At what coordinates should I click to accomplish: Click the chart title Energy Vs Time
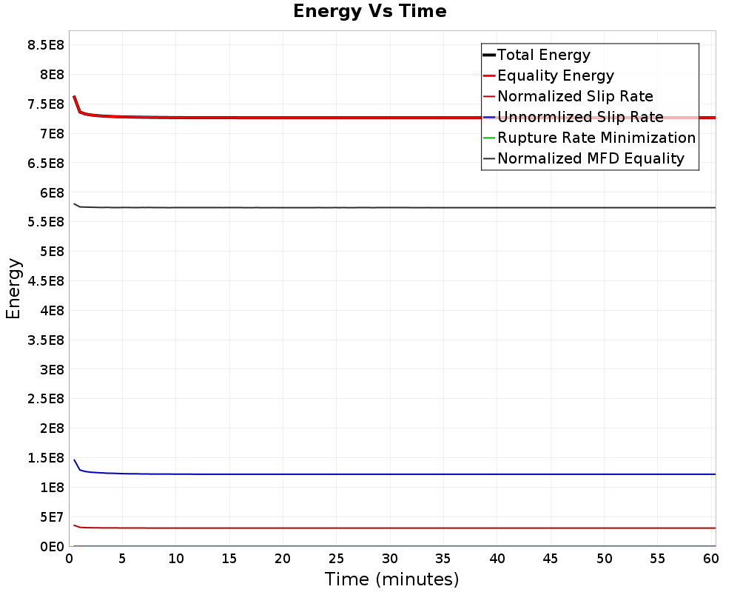tap(369, 11)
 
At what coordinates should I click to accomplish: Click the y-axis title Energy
tap(13, 288)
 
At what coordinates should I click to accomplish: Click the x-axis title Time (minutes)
tap(391, 579)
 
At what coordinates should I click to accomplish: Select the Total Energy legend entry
tap(543, 55)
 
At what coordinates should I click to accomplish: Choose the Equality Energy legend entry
tap(555, 75)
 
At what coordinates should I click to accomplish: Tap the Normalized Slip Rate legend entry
tap(575, 96)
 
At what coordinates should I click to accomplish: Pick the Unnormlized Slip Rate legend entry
tap(580, 117)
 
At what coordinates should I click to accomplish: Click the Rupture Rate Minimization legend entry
tap(596, 138)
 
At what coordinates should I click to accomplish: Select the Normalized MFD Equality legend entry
tap(591, 158)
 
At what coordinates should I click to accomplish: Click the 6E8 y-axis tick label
tap(50, 192)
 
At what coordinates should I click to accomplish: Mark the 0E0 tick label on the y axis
tap(50, 546)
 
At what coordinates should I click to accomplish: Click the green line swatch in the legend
tap(489, 138)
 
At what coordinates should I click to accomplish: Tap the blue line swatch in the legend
tap(489, 117)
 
